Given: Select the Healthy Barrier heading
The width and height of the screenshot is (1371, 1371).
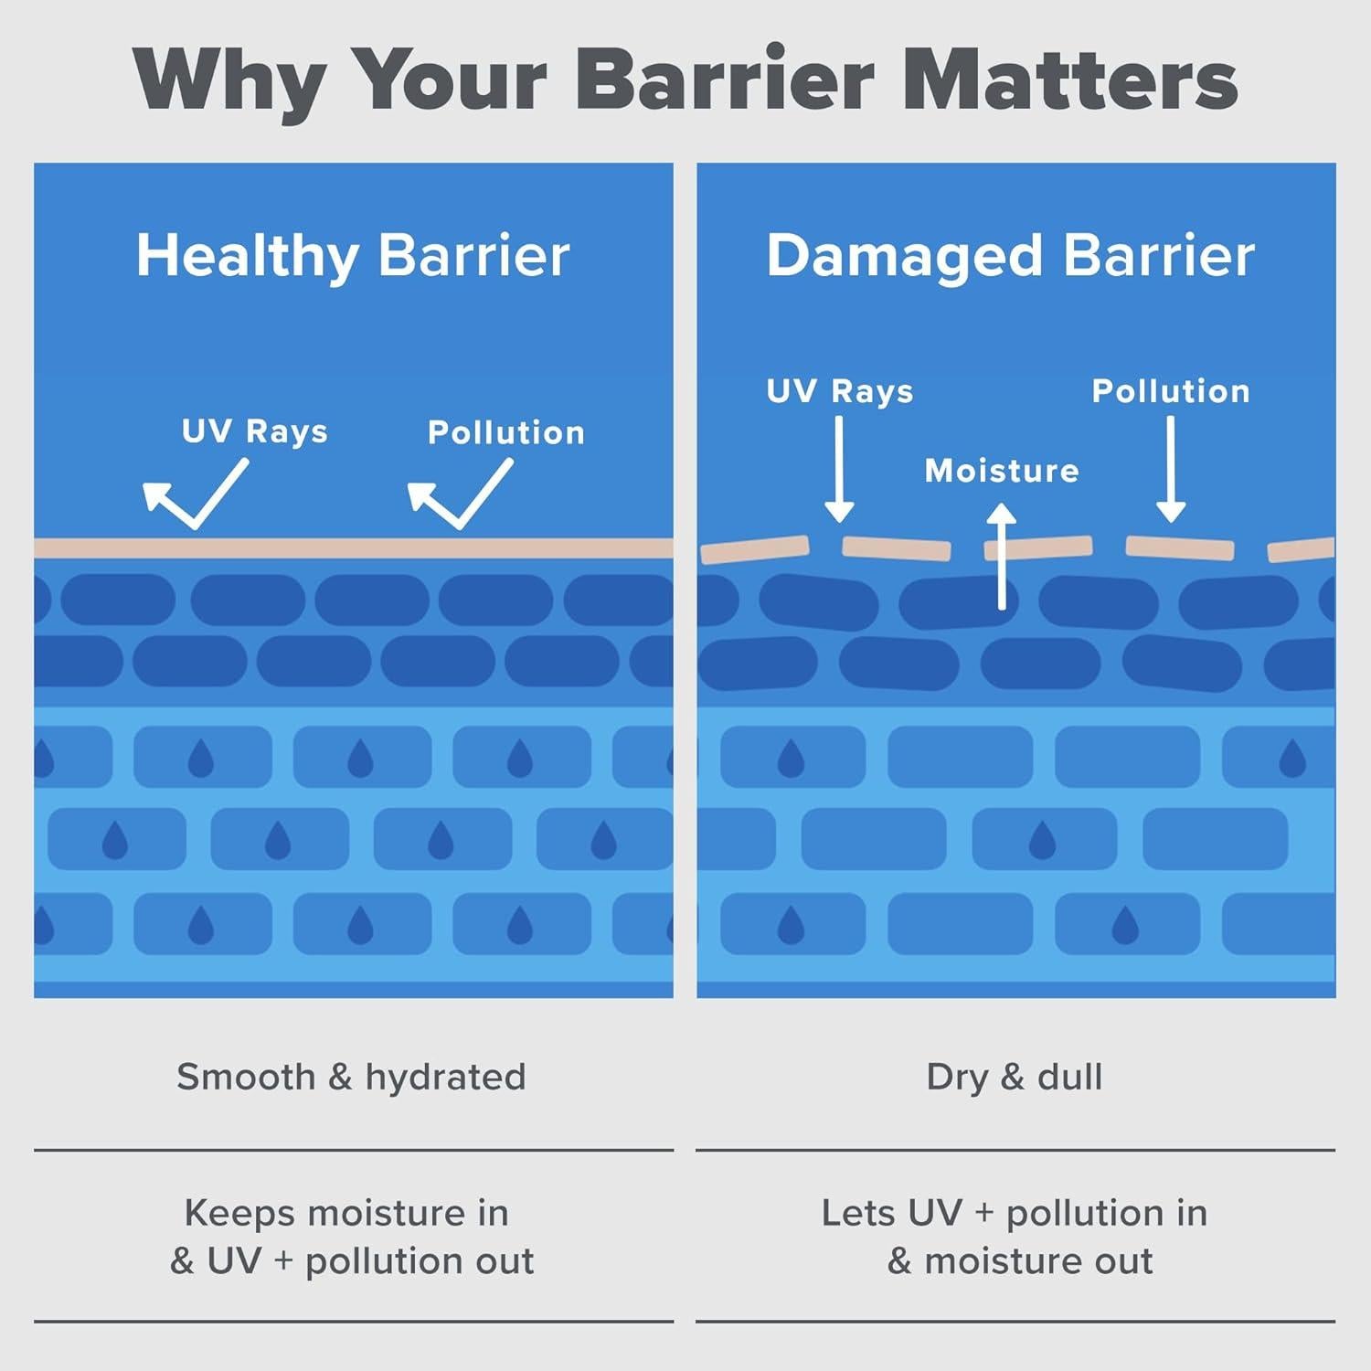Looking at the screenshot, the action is (353, 255).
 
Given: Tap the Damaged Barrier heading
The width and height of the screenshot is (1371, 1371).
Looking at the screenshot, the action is (1010, 255).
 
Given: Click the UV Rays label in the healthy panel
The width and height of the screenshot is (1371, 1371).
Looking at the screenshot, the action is (254, 431).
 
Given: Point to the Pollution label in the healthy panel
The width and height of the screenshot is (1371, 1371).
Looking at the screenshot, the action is (505, 432).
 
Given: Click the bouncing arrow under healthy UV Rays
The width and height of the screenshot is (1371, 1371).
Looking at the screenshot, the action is (195, 494).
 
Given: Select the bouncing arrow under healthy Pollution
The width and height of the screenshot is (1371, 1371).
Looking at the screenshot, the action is (460, 494).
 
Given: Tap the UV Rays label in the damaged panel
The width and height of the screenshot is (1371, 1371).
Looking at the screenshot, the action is (839, 391).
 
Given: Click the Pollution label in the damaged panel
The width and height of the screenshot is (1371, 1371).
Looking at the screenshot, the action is (1171, 391).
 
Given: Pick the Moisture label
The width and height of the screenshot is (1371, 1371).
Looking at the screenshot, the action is (1002, 471).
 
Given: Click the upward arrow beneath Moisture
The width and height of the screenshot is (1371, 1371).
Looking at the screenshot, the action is (1002, 558).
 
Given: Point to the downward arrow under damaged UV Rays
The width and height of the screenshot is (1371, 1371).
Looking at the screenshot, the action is (839, 470).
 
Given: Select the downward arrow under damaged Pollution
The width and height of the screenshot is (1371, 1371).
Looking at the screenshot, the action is (1171, 470).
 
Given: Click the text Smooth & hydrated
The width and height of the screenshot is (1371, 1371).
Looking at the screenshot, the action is (351, 1077).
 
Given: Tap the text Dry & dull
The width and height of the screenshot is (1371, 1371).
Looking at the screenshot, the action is (1015, 1077).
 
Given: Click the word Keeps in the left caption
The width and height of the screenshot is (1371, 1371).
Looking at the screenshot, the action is (240, 1214).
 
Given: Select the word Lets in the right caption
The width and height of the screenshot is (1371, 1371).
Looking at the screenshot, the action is (857, 1213).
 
